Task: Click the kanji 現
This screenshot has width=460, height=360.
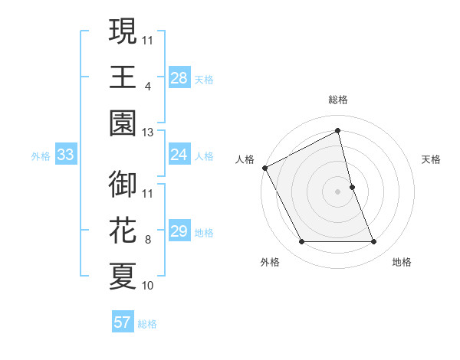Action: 123,31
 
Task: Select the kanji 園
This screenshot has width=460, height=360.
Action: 123,122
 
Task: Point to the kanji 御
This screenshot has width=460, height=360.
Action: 123,185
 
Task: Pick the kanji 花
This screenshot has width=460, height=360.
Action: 123,231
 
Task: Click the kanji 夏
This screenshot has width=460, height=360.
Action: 123,276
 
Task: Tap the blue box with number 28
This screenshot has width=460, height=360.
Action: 179,79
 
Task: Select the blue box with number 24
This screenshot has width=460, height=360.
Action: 179,155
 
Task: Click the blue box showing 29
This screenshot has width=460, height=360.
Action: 179,232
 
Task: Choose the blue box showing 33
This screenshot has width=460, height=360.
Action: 66,155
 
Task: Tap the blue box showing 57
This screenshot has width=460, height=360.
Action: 123,322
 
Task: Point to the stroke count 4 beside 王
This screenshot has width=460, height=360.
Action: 148,87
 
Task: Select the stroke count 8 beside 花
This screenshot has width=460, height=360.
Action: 148,240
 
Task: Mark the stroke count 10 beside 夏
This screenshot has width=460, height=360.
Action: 148,286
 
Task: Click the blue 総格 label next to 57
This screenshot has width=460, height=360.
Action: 147,324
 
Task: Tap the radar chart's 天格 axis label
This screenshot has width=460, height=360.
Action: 432,160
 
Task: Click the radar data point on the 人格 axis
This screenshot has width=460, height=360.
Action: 265,168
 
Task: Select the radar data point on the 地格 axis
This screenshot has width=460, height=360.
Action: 374,242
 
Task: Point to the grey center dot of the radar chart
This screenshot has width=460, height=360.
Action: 337,191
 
